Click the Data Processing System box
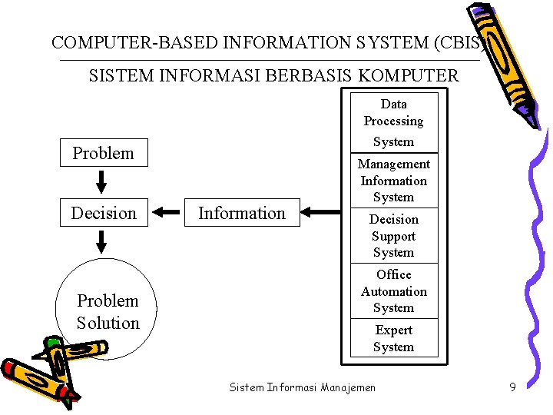click(394, 122)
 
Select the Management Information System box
click(394, 181)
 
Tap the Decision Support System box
click(394, 236)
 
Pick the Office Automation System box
click(394, 291)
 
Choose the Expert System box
click(394, 338)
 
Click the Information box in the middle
click(242, 213)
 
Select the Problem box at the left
click(103, 153)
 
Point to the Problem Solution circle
click(108, 310)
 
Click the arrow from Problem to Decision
click(102, 182)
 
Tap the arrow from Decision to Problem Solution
click(102, 242)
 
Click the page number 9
click(512, 387)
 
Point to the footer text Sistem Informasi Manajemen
click(303, 387)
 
